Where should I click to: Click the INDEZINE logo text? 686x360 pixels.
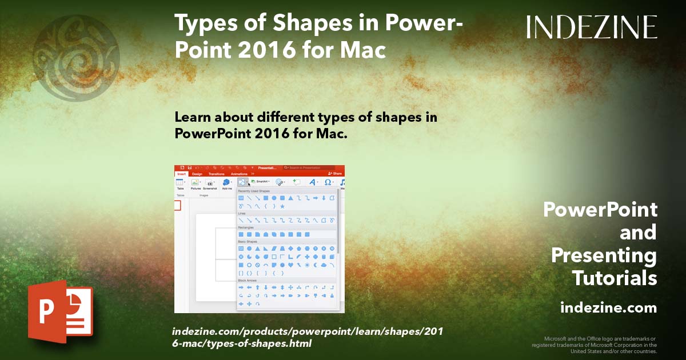[x=592, y=27]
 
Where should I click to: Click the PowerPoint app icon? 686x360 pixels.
[x=61, y=311]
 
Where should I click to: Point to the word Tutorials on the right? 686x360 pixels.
[x=615, y=278]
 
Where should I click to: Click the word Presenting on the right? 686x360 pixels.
[x=604, y=255]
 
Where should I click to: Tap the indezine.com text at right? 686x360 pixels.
[x=608, y=307]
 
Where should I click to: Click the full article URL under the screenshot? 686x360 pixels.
[x=307, y=337]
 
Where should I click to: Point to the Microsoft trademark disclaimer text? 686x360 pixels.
[x=595, y=345]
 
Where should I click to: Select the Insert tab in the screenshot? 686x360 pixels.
[x=181, y=174]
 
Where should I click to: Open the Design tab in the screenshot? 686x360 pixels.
[x=197, y=174]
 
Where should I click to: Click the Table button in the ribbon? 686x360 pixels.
[x=180, y=183]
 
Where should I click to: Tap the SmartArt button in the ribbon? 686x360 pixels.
[x=260, y=181]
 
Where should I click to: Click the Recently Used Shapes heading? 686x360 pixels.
[x=254, y=191]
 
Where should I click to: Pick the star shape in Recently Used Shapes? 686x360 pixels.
[x=282, y=206]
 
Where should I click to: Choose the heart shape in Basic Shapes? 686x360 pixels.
[x=290, y=265]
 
